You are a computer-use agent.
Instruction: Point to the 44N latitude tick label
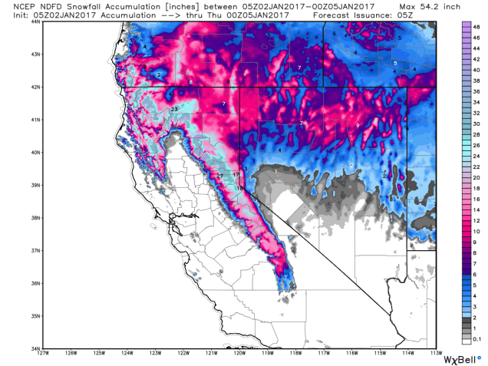(35, 21)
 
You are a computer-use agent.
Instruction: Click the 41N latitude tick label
(35, 120)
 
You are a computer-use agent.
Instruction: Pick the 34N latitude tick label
(35, 348)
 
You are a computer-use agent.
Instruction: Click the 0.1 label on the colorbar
(477, 338)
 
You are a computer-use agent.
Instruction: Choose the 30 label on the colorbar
(476, 123)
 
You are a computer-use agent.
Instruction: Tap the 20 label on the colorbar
(476, 176)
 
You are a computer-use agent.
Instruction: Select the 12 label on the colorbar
(476, 219)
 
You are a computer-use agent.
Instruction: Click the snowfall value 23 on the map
(174, 110)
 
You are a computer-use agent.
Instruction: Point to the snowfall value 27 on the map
(219, 176)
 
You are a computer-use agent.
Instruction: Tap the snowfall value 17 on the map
(236, 176)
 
